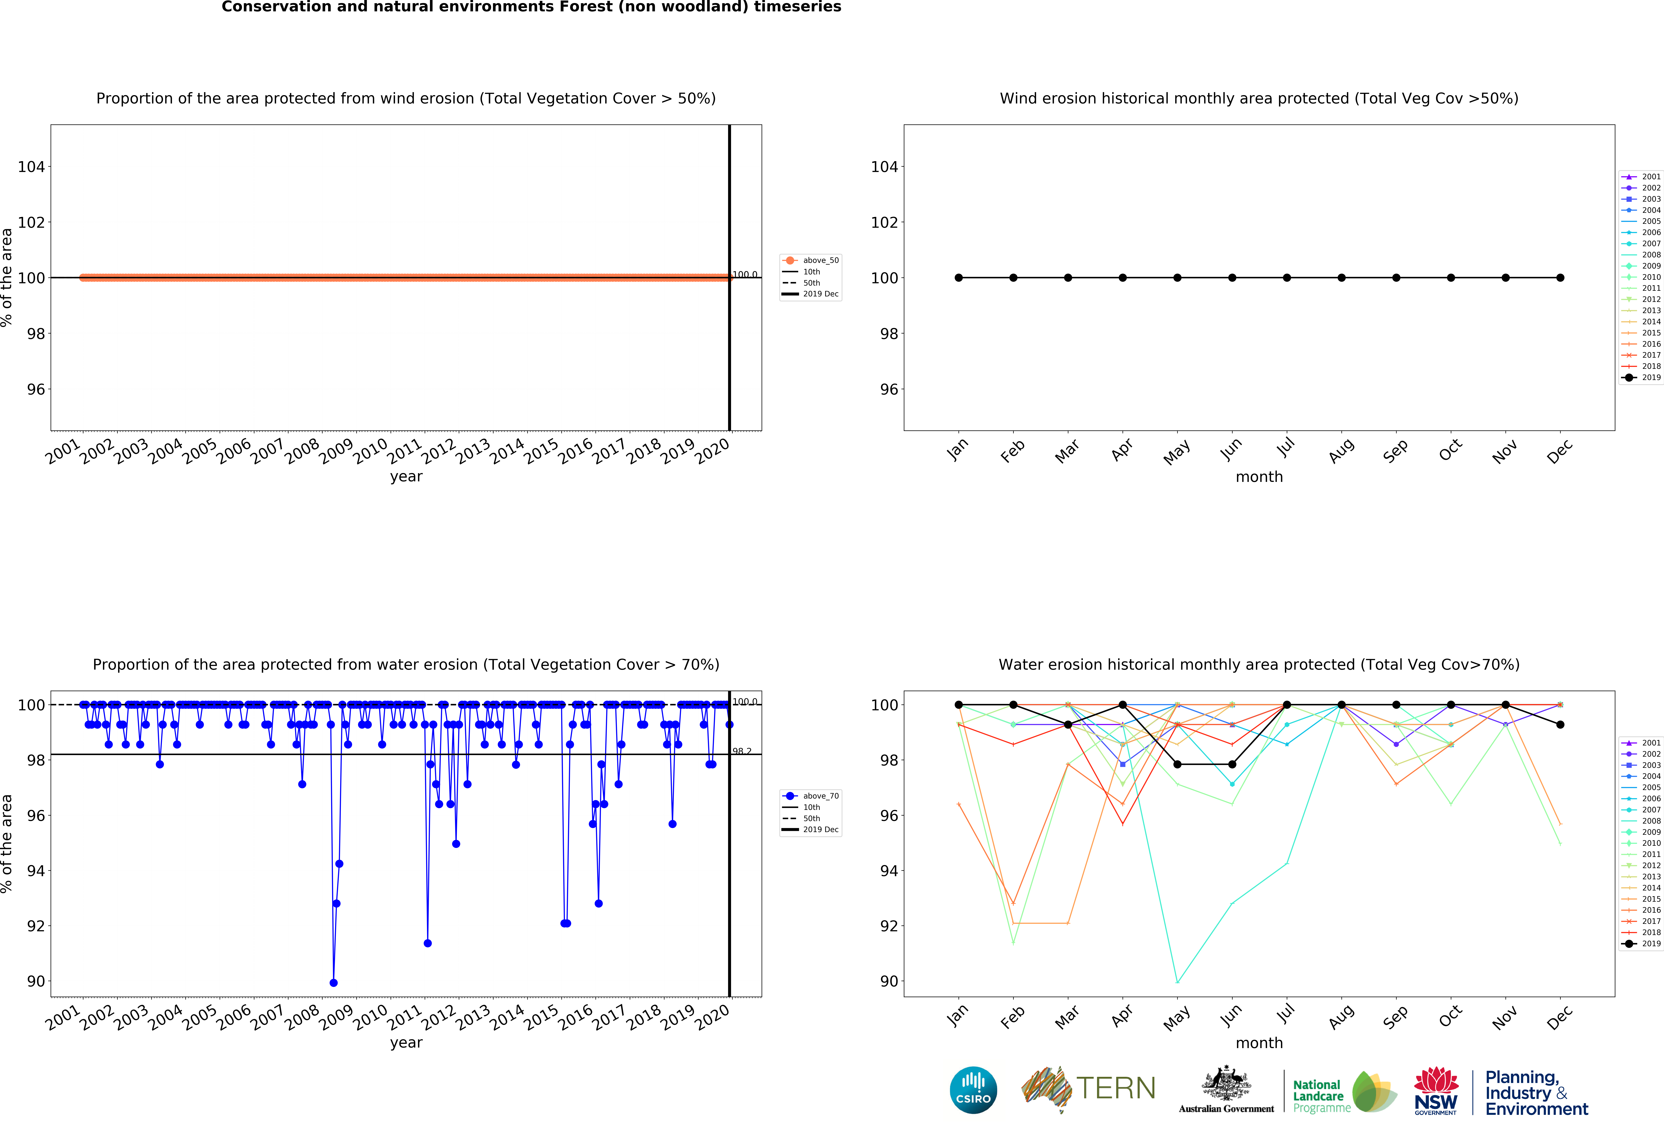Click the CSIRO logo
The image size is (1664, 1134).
[x=973, y=1090]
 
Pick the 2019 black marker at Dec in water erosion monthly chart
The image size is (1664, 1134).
[x=1560, y=725]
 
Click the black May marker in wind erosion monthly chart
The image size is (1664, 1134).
[x=1177, y=278]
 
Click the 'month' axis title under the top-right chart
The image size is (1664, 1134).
[x=1259, y=477]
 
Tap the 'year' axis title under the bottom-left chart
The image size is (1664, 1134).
[x=406, y=1042]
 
